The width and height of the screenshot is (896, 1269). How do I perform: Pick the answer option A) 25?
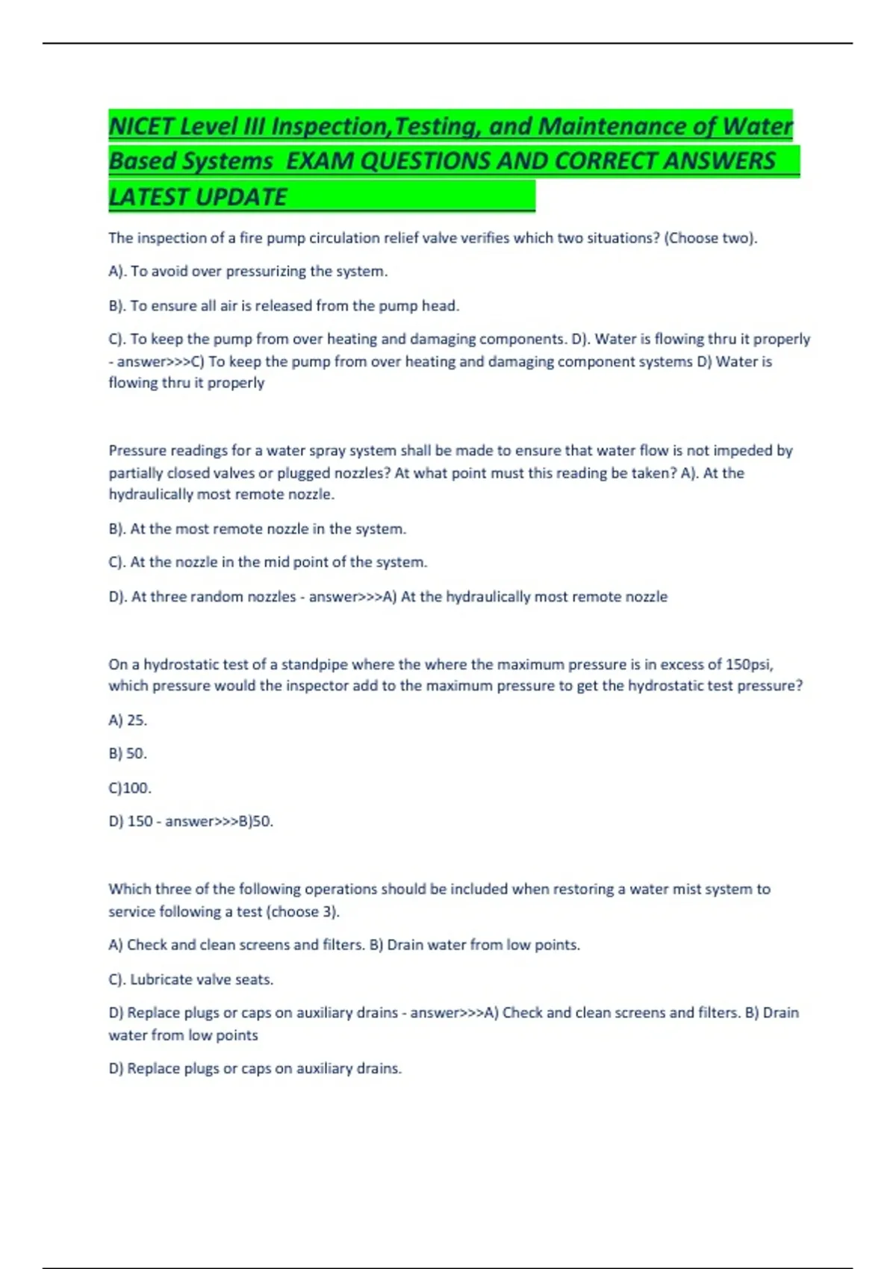pos(128,720)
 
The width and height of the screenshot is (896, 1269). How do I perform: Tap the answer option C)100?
pos(130,788)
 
